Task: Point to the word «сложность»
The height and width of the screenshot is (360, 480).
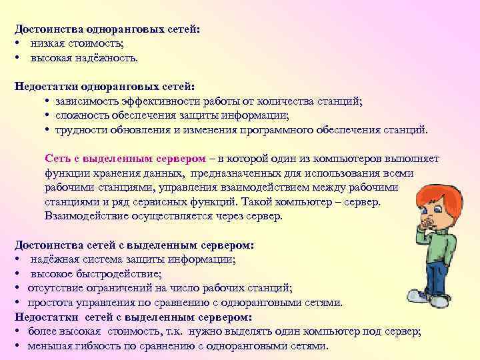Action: coord(81,115)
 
